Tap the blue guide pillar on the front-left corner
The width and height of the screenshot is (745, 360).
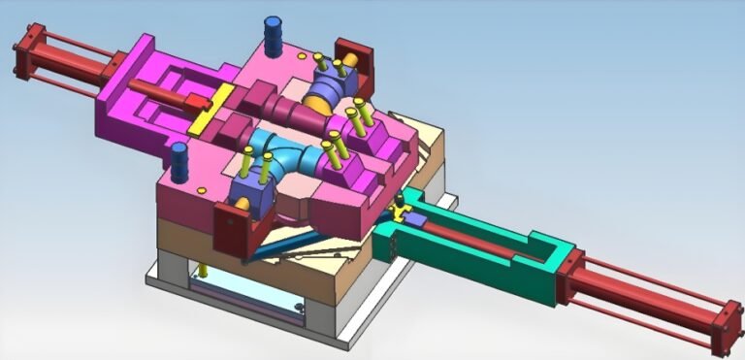[179, 162]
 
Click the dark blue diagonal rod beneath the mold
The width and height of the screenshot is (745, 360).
[281, 243]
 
